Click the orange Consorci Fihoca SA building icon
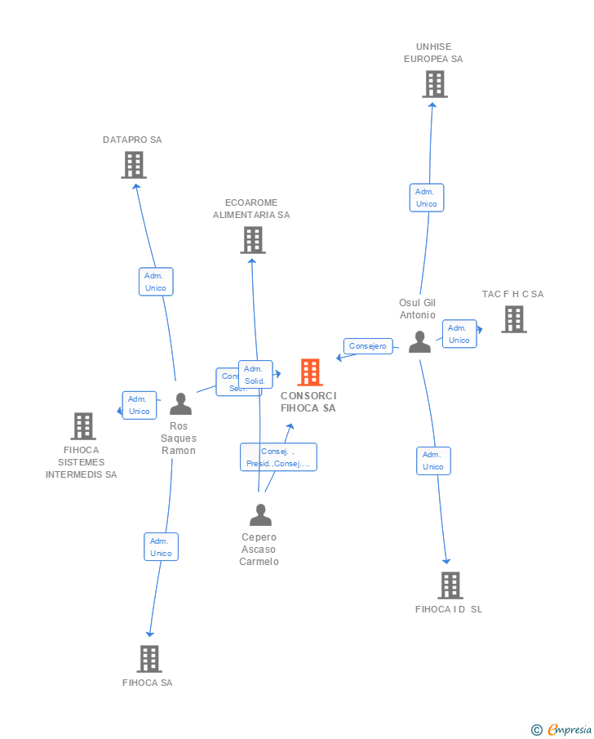(310, 372)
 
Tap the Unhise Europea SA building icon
(435, 84)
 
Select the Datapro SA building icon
(134, 165)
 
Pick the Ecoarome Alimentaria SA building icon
(253, 240)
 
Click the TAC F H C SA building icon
(513, 319)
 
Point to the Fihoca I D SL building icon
(450, 585)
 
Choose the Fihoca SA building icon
(149, 658)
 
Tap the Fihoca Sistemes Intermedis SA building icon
(83, 426)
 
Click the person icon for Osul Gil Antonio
(419, 342)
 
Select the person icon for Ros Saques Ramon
(180, 404)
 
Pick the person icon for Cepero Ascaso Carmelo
(260, 515)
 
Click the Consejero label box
(368, 346)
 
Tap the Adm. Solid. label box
(255, 375)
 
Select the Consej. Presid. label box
(278, 457)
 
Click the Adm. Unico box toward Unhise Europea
(427, 198)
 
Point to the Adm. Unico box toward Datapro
(155, 282)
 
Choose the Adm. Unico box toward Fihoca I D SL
(433, 461)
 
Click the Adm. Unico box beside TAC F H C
(459, 334)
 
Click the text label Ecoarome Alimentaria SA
(251, 209)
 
